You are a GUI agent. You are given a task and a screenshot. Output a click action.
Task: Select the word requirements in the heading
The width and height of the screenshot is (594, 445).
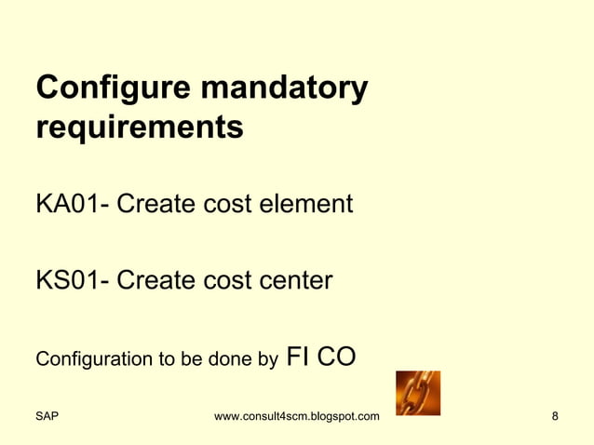(x=140, y=128)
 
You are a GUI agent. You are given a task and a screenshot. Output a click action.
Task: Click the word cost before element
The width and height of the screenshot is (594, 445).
(x=223, y=203)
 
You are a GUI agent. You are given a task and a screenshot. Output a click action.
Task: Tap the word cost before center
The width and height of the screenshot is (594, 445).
(x=223, y=279)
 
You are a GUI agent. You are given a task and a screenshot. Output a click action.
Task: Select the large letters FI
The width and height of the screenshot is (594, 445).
(x=298, y=356)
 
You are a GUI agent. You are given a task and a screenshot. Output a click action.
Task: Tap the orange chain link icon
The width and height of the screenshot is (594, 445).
(x=418, y=393)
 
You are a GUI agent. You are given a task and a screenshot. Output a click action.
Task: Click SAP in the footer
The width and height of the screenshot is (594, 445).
(x=47, y=415)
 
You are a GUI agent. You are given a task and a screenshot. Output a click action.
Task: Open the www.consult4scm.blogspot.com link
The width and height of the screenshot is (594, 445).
(x=296, y=415)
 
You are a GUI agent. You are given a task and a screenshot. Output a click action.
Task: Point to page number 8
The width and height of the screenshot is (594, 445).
(x=555, y=415)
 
